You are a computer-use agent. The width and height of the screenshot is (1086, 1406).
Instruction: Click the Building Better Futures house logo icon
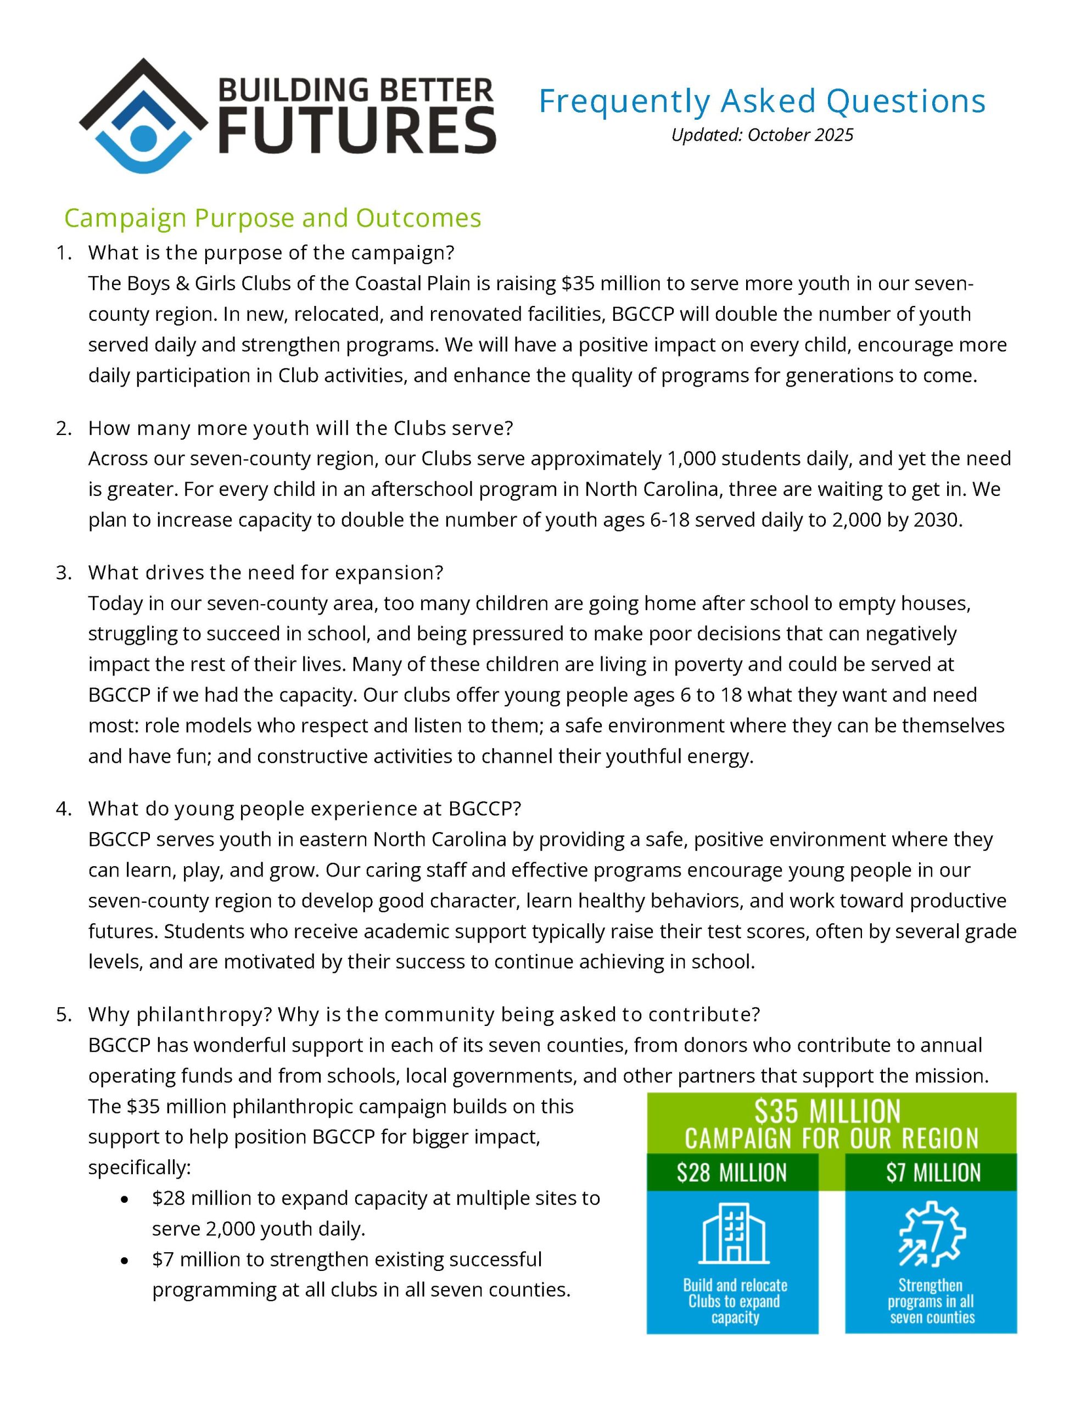143,116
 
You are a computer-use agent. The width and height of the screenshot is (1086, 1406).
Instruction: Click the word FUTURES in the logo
357,131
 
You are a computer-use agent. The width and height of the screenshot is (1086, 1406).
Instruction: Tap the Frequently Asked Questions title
762,101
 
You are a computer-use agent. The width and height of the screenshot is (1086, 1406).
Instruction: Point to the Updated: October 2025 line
762,135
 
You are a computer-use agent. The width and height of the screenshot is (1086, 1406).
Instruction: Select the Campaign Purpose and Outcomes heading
272,218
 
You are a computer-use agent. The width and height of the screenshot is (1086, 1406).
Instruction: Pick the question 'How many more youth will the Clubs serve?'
300,427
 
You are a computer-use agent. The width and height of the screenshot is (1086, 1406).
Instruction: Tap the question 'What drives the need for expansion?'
266,572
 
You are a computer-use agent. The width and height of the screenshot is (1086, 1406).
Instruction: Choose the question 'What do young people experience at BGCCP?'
304,808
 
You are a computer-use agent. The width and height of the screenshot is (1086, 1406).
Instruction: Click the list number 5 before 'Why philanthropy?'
64,1014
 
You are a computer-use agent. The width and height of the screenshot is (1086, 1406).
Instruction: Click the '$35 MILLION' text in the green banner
827,1112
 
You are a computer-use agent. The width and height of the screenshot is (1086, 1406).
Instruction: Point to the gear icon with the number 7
932,1234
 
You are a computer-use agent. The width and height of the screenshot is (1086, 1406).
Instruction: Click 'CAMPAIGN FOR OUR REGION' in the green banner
831,1138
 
